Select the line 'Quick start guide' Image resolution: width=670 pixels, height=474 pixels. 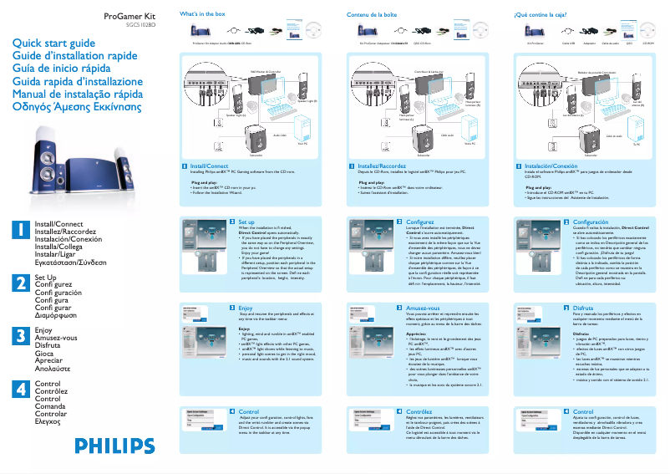point(53,43)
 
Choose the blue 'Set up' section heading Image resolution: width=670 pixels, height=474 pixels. point(246,222)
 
